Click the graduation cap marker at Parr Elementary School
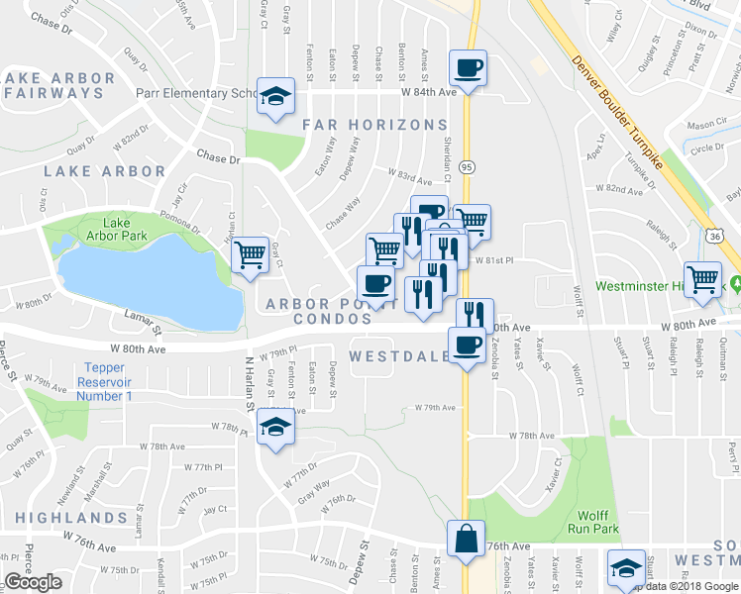pos(276,96)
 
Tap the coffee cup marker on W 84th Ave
pos(468,68)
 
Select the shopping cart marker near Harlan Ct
pos(251,255)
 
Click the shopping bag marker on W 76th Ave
pos(465,540)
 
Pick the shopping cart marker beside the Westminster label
pos(703,279)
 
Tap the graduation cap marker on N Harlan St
pos(275,427)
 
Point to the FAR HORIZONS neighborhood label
pos(374,125)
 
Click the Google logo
pos(33,581)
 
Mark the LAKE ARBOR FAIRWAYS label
pos(54,84)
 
